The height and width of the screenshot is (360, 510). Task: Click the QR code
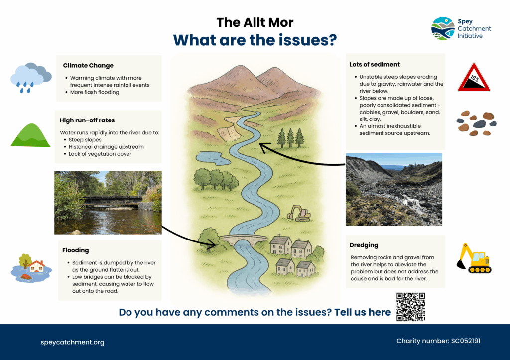click(x=410, y=307)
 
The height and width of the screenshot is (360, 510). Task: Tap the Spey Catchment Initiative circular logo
click(x=443, y=28)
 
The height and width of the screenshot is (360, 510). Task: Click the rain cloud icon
click(x=31, y=78)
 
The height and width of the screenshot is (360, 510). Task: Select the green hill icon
click(x=31, y=135)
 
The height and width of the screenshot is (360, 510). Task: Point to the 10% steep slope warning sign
click(x=474, y=77)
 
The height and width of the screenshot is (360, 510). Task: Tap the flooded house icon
click(x=31, y=268)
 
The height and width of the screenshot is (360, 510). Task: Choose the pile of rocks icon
click(x=477, y=123)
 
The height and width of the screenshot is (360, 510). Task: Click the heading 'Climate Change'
click(x=88, y=65)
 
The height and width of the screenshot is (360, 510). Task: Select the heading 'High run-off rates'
click(x=87, y=120)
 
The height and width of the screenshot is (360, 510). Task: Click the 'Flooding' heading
click(x=76, y=250)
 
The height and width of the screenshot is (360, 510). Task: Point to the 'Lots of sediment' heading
click(x=375, y=64)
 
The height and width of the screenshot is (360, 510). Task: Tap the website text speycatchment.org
click(x=73, y=342)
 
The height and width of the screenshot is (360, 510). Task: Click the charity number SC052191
click(x=466, y=341)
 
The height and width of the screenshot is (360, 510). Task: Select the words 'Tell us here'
click(x=363, y=312)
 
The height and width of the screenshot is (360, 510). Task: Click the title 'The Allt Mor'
click(x=255, y=22)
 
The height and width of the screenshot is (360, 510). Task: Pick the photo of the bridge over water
click(x=108, y=203)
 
